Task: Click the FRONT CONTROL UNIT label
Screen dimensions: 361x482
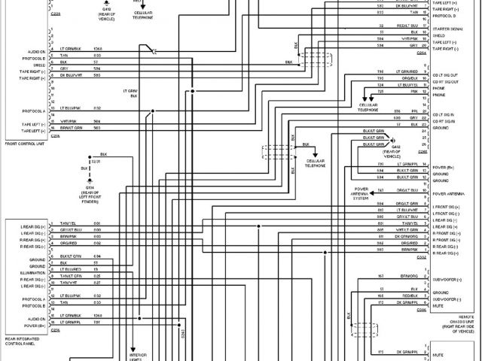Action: [23, 143]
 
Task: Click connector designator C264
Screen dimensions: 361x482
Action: [421, 53]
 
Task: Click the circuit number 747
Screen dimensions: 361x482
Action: [381, 191]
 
